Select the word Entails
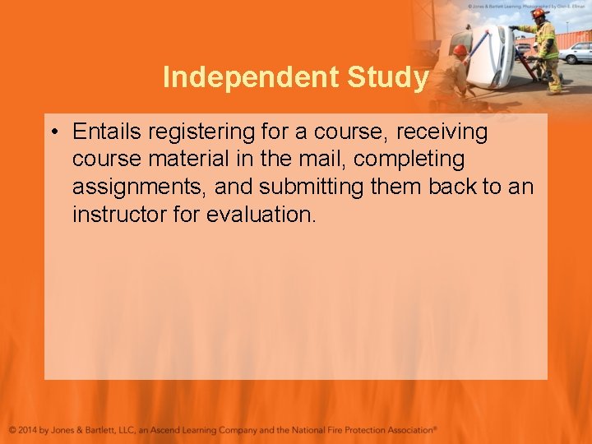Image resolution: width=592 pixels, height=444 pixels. click(x=104, y=132)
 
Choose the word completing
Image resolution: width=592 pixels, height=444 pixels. click(x=409, y=159)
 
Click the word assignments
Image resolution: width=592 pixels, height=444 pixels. click(x=140, y=187)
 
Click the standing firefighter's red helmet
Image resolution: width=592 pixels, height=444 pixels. click(x=539, y=13)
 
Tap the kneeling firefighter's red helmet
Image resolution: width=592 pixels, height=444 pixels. click(x=460, y=50)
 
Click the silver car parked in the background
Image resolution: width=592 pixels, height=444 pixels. click(x=576, y=52)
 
